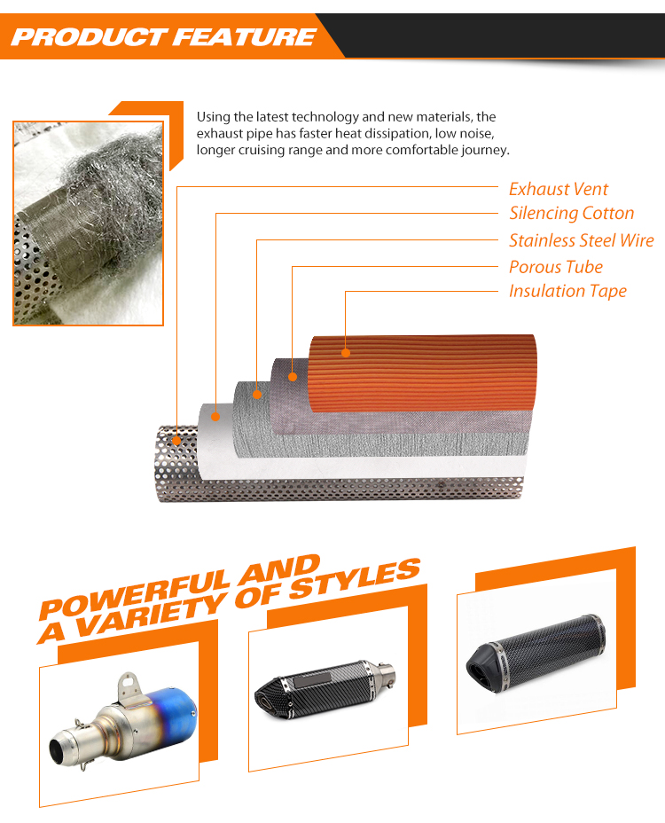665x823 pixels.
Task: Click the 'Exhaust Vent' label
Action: [559, 189]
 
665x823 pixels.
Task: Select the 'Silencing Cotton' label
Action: [572, 213]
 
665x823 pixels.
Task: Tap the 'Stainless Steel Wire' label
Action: [582, 240]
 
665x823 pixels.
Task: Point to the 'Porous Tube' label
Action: [556, 267]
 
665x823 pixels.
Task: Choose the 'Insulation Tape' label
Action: [567, 291]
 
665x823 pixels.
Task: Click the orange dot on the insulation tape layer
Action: [346, 353]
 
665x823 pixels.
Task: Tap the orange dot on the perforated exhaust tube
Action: [176, 441]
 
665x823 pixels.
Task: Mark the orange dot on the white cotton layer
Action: [215, 417]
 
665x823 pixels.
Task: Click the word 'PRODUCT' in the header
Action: [88, 37]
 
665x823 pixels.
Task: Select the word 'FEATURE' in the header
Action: [245, 37]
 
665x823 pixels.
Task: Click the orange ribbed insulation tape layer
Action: [423, 374]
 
